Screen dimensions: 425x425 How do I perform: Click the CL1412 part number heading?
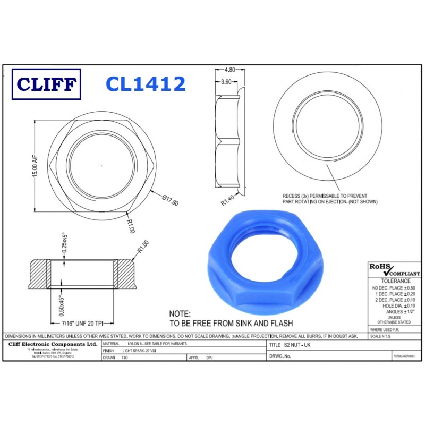pos(145,83)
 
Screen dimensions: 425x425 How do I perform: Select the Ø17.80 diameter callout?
pos(171,200)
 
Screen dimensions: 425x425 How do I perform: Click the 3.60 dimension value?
pos(225,82)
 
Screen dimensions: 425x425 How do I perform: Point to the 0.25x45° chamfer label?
pos(64,243)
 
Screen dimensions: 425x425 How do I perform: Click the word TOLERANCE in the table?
pos(393,280)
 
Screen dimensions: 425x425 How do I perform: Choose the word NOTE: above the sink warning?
pos(180,314)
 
